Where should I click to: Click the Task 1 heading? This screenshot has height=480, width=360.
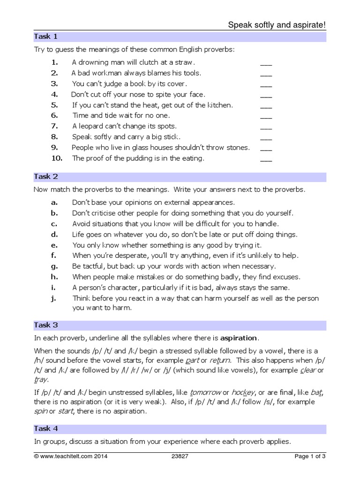pos(46,37)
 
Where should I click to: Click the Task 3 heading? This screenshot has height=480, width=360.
pos(46,325)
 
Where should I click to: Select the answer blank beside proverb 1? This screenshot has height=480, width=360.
pos(266,63)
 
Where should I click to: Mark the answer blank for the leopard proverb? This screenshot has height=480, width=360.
pos(266,127)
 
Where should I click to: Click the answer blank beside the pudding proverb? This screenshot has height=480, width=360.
pos(266,159)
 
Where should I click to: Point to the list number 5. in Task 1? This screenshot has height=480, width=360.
pos(54,105)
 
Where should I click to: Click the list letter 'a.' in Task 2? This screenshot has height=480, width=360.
pos(54,202)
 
